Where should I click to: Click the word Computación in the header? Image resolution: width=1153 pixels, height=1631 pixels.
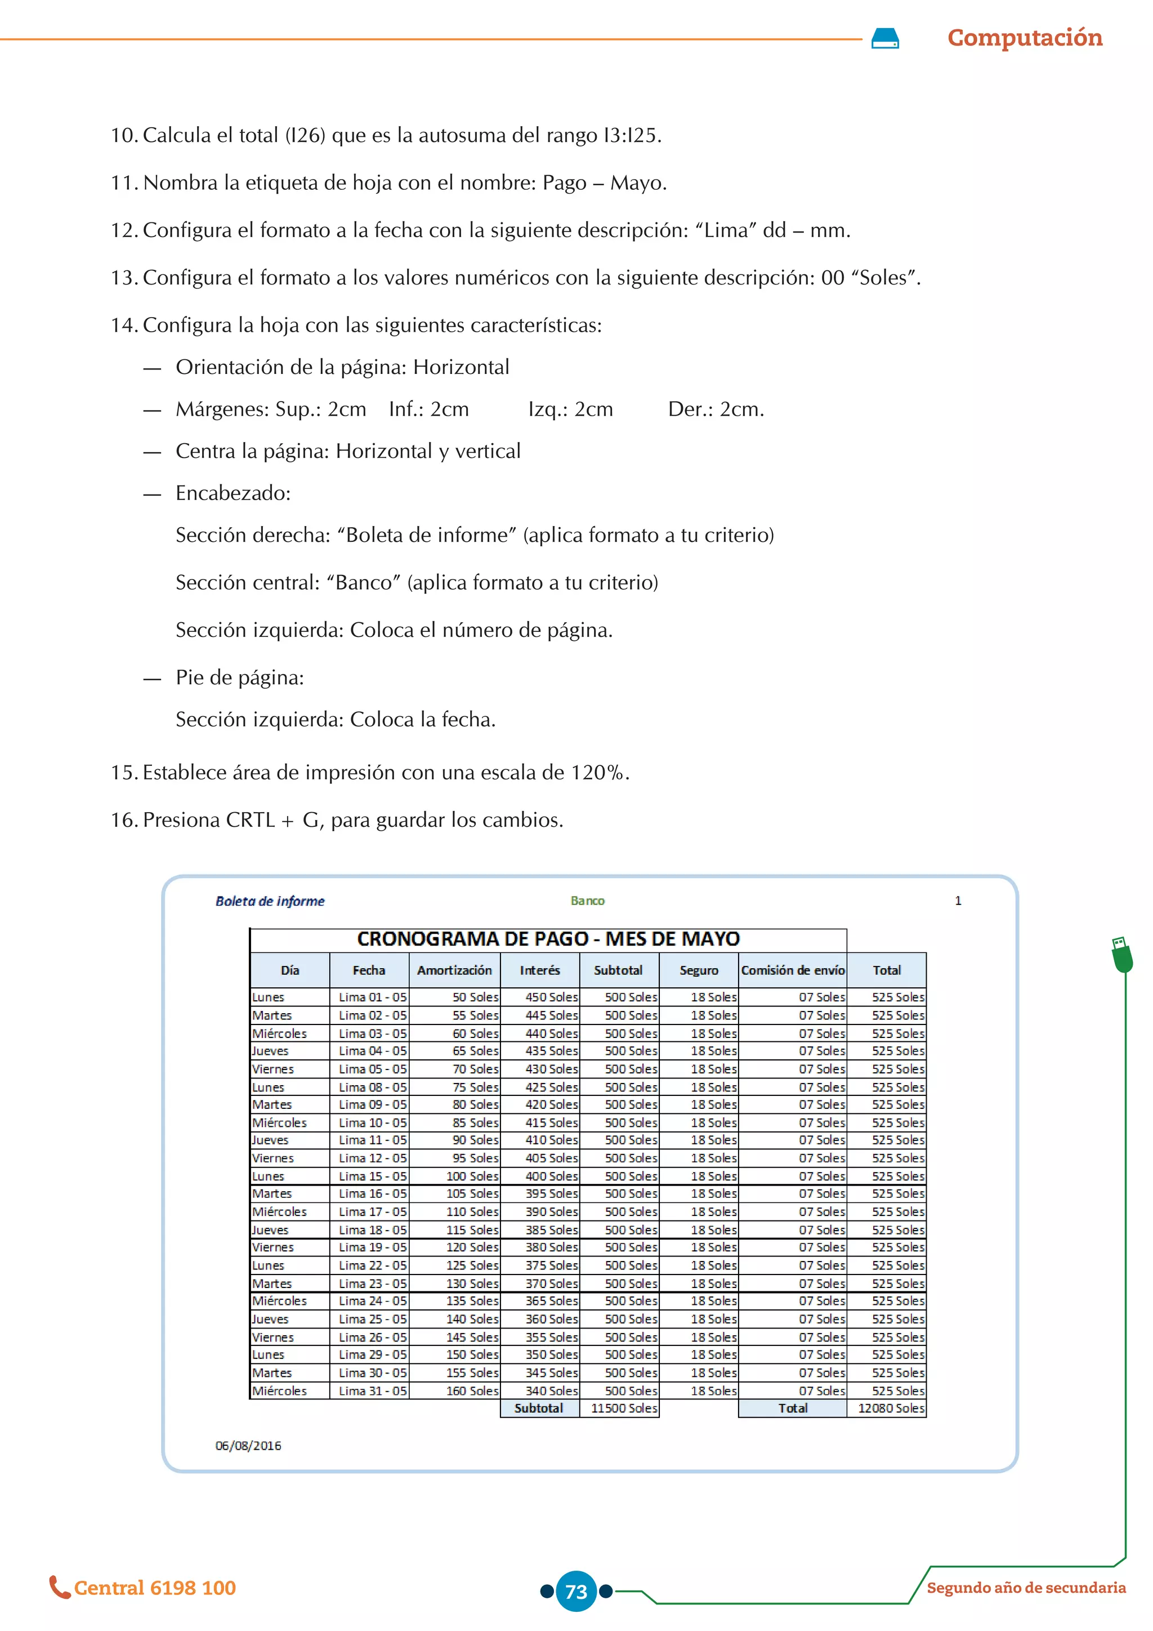pyautogui.click(x=1025, y=38)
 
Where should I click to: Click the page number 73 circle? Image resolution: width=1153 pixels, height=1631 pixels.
pyautogui.click(x=576, y=1591)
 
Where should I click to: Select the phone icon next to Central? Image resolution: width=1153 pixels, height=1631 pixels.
pyautogui.click(x=59, y=1587)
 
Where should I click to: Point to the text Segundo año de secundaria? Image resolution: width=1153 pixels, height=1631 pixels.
pyautogui.click(x=1026, y=1588)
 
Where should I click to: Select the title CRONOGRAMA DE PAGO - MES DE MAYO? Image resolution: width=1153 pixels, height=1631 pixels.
pyautogui.click(x=548, y=939)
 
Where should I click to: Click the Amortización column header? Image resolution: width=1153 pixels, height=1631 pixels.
pyautogui.click(x=454, y=970)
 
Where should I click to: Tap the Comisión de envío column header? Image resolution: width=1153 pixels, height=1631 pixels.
pyautogui.click(x=792, y=970)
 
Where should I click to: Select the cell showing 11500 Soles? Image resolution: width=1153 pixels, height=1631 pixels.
pyautogui.click(x=623, y=1408)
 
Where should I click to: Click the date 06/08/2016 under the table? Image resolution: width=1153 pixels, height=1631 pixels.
pyautogui.click(x=248, y=1446)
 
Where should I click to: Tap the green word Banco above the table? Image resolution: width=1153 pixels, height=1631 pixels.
pyautogui.click(x=587, y=901)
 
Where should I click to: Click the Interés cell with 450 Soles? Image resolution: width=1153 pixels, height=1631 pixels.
pyautogui.click(x=551, y=997)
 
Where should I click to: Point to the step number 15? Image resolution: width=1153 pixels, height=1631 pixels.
pyautogui.click(x=123, y=773)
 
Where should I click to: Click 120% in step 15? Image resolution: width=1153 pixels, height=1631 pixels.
pyautogui.click(x=598, y=773)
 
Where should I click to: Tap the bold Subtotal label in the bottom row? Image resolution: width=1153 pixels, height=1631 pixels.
pyautogui.click(x=538, y=1408)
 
